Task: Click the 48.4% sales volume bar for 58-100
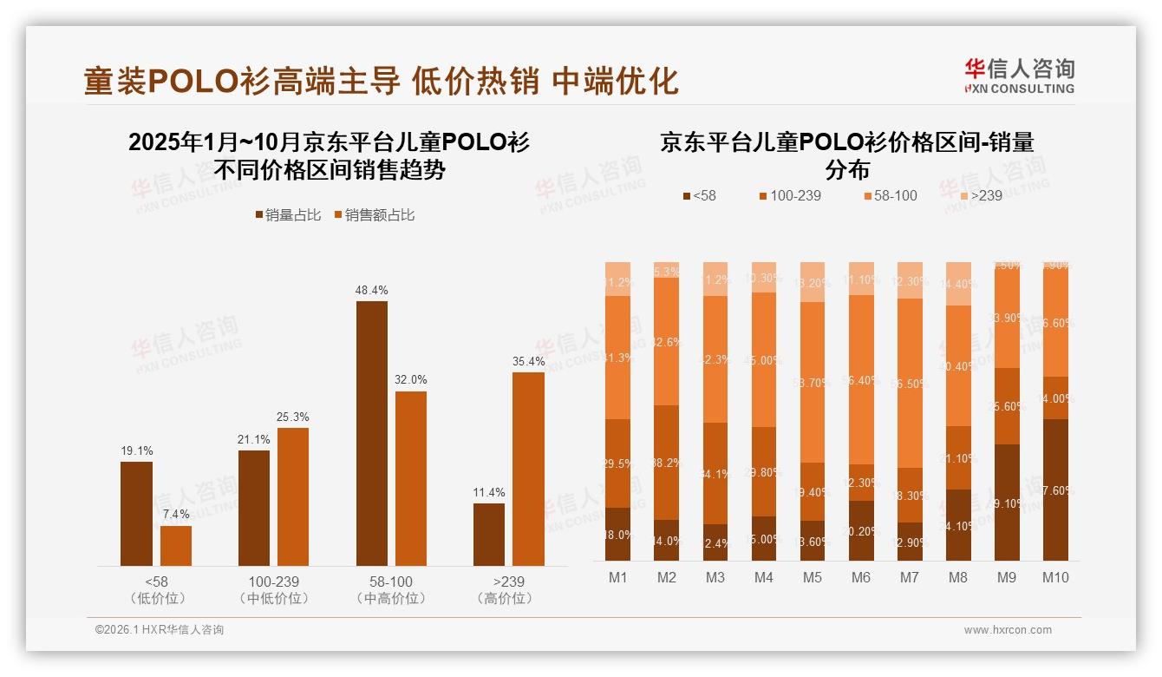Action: [372, 433]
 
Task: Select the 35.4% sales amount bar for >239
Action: [528, 469]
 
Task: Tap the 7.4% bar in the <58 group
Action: [176, 545]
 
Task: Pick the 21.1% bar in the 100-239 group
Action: [254, 508]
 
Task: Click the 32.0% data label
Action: [411, 380]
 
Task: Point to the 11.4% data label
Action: [489, 492]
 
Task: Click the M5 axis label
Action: [812, 577]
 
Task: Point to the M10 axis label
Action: [1054, 577]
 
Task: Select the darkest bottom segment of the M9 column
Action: [1006, 502]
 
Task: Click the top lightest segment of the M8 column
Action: [957, 283]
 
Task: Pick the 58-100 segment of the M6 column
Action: [860, 379]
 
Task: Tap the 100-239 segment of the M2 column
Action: [666, 462]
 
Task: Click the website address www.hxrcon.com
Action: [1007, 630]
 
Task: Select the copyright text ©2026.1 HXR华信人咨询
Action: [160, 630]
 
